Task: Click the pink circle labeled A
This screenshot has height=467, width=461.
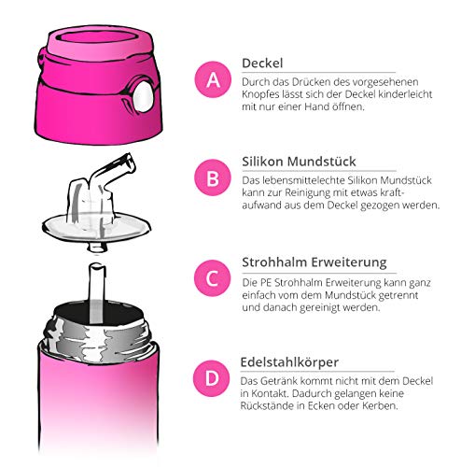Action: [x=213, y=79]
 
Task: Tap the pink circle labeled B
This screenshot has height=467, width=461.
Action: [x=213, y=177]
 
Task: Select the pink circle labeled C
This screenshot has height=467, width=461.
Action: [x=213, y=278]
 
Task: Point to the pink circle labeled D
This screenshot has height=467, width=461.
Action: [x=212, y=378]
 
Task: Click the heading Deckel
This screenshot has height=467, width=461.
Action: [x=262, y=64]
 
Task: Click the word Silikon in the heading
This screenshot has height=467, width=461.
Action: [x=263, y=162]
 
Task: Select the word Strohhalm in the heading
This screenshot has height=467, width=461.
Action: [x=275, y=262]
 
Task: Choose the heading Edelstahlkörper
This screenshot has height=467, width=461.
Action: [x=289, y=362]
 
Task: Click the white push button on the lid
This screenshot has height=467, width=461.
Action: [x=144, y=96]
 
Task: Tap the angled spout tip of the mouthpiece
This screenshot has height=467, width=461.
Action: [x=129, y=163]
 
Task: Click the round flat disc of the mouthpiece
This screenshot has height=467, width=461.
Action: [x=96, y=227]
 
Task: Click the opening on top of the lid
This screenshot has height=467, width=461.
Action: [x=99, y=39]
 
